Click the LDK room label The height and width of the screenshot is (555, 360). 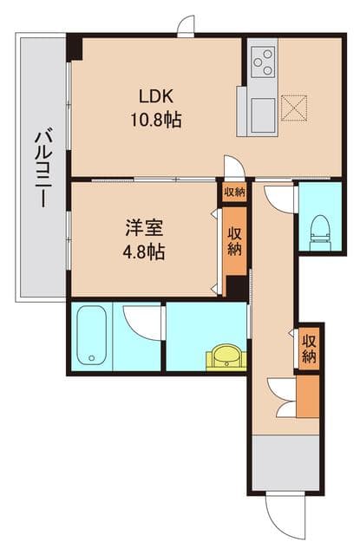tap(156, 96)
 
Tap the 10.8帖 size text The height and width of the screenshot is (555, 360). tap(156, 120)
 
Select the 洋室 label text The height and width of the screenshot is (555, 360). tap(144, 228)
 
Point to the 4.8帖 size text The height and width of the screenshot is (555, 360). tap(144, 252)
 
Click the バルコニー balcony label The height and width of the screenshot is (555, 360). tap(43, 169)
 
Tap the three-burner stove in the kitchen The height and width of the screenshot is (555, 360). tap(263, 62)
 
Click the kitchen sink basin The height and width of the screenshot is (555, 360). tap(263, 115)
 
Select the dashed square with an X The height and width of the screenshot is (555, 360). tap(294, 108)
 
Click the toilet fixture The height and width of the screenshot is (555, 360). tap(320, 232)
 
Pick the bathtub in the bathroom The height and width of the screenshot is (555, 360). tap(92, 336)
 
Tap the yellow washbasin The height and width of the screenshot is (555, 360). tap(226, 356)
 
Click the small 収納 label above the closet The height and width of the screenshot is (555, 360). tap(234, 193)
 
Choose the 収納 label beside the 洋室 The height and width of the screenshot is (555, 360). tap(235, 241)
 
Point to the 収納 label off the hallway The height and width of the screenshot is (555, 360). tap(309, 349)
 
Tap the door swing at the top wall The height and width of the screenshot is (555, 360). tap(186, 25)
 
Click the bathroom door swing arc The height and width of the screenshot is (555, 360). tap(143, 322)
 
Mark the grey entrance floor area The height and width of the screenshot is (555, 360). tap(285, 462)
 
